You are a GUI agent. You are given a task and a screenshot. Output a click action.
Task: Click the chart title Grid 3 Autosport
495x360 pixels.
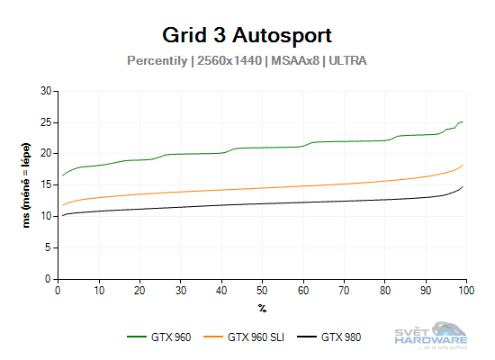[247, 35]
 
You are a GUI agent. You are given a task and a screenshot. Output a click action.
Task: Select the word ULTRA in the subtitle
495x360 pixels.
[346, 61]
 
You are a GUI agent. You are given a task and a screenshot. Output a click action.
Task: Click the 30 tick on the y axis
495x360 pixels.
[47, 91]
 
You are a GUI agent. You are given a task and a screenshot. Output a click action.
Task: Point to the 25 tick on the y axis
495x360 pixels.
[47, 122]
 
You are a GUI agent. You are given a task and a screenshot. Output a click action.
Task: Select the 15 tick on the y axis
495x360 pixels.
[47, 185]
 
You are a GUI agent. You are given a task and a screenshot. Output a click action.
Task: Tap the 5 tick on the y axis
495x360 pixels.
[49, 248]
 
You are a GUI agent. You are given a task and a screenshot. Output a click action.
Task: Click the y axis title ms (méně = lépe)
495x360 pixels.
[28, 184]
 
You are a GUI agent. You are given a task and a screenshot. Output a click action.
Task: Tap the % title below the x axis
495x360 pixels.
[262, 308]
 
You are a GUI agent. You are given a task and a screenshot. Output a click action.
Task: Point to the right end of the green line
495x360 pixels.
[463, 121]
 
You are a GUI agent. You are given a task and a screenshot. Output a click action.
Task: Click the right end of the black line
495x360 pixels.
[463, 187]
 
